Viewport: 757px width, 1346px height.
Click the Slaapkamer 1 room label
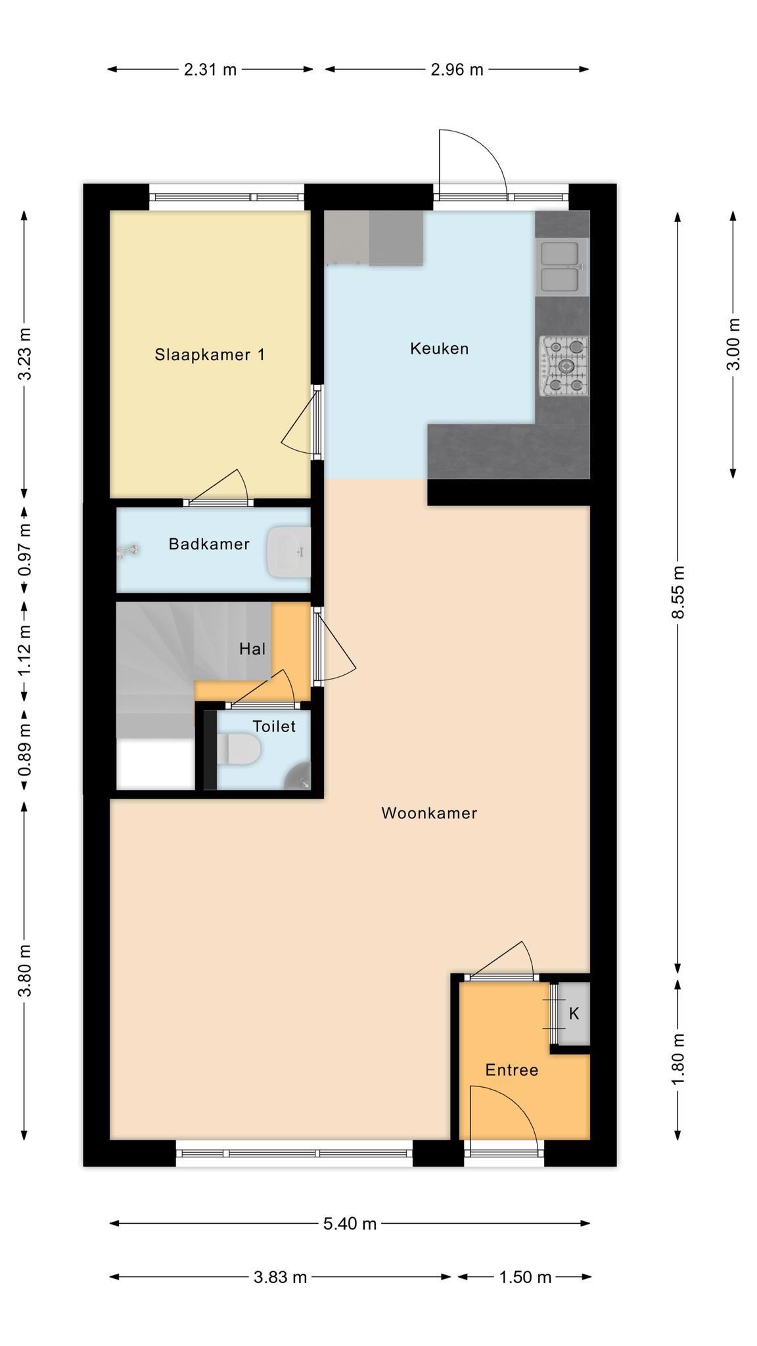tap(210, 355)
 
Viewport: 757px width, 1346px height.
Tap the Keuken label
tap(439, 348)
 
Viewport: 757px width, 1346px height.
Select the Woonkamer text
tap(429, 813)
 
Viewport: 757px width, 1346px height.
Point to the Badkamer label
tap(209, 544)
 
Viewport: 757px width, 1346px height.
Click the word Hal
tap(252, 649)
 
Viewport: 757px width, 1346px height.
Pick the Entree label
tap(512, 1070)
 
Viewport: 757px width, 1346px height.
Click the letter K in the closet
tap(574, 1013)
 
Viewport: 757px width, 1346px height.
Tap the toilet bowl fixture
tap(239, 749)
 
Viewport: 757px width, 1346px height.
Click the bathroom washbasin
tap(288, 551)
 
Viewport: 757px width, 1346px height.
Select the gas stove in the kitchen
tap(564, 366)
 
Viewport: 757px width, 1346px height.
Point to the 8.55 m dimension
tap(679, 592)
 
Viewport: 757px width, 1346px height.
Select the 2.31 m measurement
tap(210, 69)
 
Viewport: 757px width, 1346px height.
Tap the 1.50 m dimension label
tap(525, 1277)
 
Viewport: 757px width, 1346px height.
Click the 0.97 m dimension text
tap(24, 549)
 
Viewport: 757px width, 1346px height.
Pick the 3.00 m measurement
tap(733, 344)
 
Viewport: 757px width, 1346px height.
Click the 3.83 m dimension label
tap(281, 1277)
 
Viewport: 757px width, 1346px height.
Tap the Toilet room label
tap(274, 726)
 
